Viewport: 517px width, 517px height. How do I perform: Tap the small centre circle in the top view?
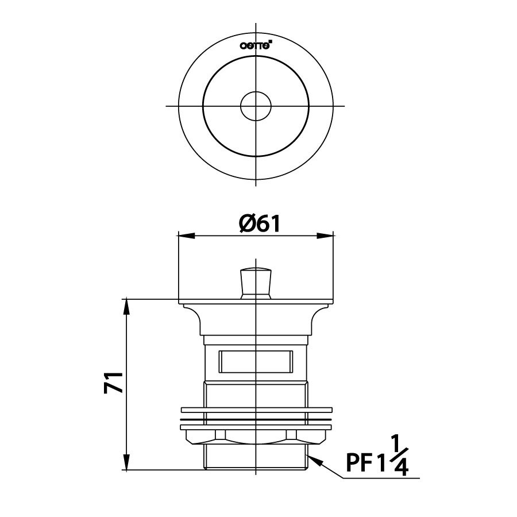[x=256, y=106]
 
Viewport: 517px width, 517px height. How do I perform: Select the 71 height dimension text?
[x=114, y=382]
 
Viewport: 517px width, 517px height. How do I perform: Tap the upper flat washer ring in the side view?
[x=256, y=410]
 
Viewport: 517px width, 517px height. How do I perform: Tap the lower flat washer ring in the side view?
[x=256, y=427]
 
